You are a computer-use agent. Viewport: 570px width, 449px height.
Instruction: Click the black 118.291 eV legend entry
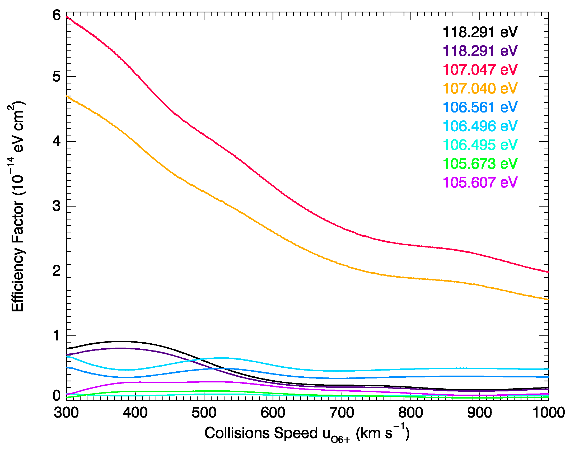[480, 32]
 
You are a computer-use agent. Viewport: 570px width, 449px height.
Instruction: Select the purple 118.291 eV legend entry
[480, 51]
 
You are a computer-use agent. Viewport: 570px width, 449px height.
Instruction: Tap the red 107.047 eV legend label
[480, 70]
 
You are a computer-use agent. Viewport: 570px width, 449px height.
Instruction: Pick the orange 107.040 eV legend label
[480, 88]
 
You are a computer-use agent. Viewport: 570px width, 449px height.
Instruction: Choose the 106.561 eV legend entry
[480, 107]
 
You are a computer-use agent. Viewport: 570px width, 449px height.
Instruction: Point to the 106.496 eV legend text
[480, 126]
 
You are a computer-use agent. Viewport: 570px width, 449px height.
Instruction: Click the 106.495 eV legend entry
[480, 145]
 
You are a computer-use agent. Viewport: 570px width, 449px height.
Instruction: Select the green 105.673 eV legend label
[480, 163]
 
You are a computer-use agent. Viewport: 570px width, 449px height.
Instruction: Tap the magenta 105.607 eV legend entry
[480, 182]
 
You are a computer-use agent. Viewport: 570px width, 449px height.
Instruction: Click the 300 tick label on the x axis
[66, 413]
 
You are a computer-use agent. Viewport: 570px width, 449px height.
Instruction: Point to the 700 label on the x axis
[342, 413]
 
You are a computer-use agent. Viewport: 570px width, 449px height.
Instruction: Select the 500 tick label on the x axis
[204, 413]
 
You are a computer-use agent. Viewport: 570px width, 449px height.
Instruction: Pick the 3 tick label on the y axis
[57, 206]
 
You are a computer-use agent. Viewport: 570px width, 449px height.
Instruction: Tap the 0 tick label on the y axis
[57, 396]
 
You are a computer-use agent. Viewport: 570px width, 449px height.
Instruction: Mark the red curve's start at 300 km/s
[67, 17]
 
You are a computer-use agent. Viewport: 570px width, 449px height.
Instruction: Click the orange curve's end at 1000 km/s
[548, 299]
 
